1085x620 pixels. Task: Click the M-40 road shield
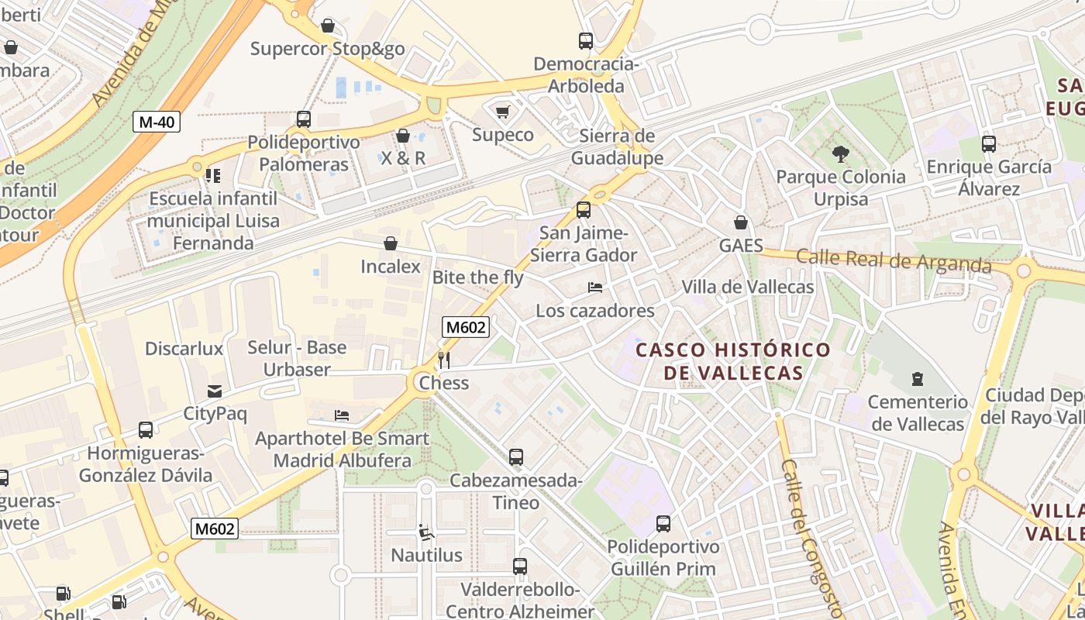point(157,122)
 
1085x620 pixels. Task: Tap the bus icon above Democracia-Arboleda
point(586,41)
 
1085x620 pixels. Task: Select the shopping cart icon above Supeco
point(502,112)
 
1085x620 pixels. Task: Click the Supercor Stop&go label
point(327,50)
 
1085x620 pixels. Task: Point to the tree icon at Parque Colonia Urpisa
point(840,154)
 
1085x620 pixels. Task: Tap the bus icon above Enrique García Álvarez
point(988,144)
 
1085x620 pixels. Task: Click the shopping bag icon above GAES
point(741,222)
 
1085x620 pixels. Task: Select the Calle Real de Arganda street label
point(894,260)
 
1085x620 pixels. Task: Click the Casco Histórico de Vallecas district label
point(733,361)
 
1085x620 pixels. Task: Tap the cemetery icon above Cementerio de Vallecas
point(918,379)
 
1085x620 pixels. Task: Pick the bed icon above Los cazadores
point(595,288)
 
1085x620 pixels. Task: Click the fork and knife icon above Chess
point(444,360)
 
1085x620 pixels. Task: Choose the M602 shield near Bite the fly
point(465,327)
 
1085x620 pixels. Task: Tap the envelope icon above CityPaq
point(215,391)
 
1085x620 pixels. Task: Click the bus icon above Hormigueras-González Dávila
point(145,430)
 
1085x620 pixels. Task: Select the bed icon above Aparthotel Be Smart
point(342,415)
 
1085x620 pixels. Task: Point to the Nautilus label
point(426,555)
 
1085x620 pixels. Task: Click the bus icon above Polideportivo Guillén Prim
point(663,524)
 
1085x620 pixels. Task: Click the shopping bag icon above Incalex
point(391,243)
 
